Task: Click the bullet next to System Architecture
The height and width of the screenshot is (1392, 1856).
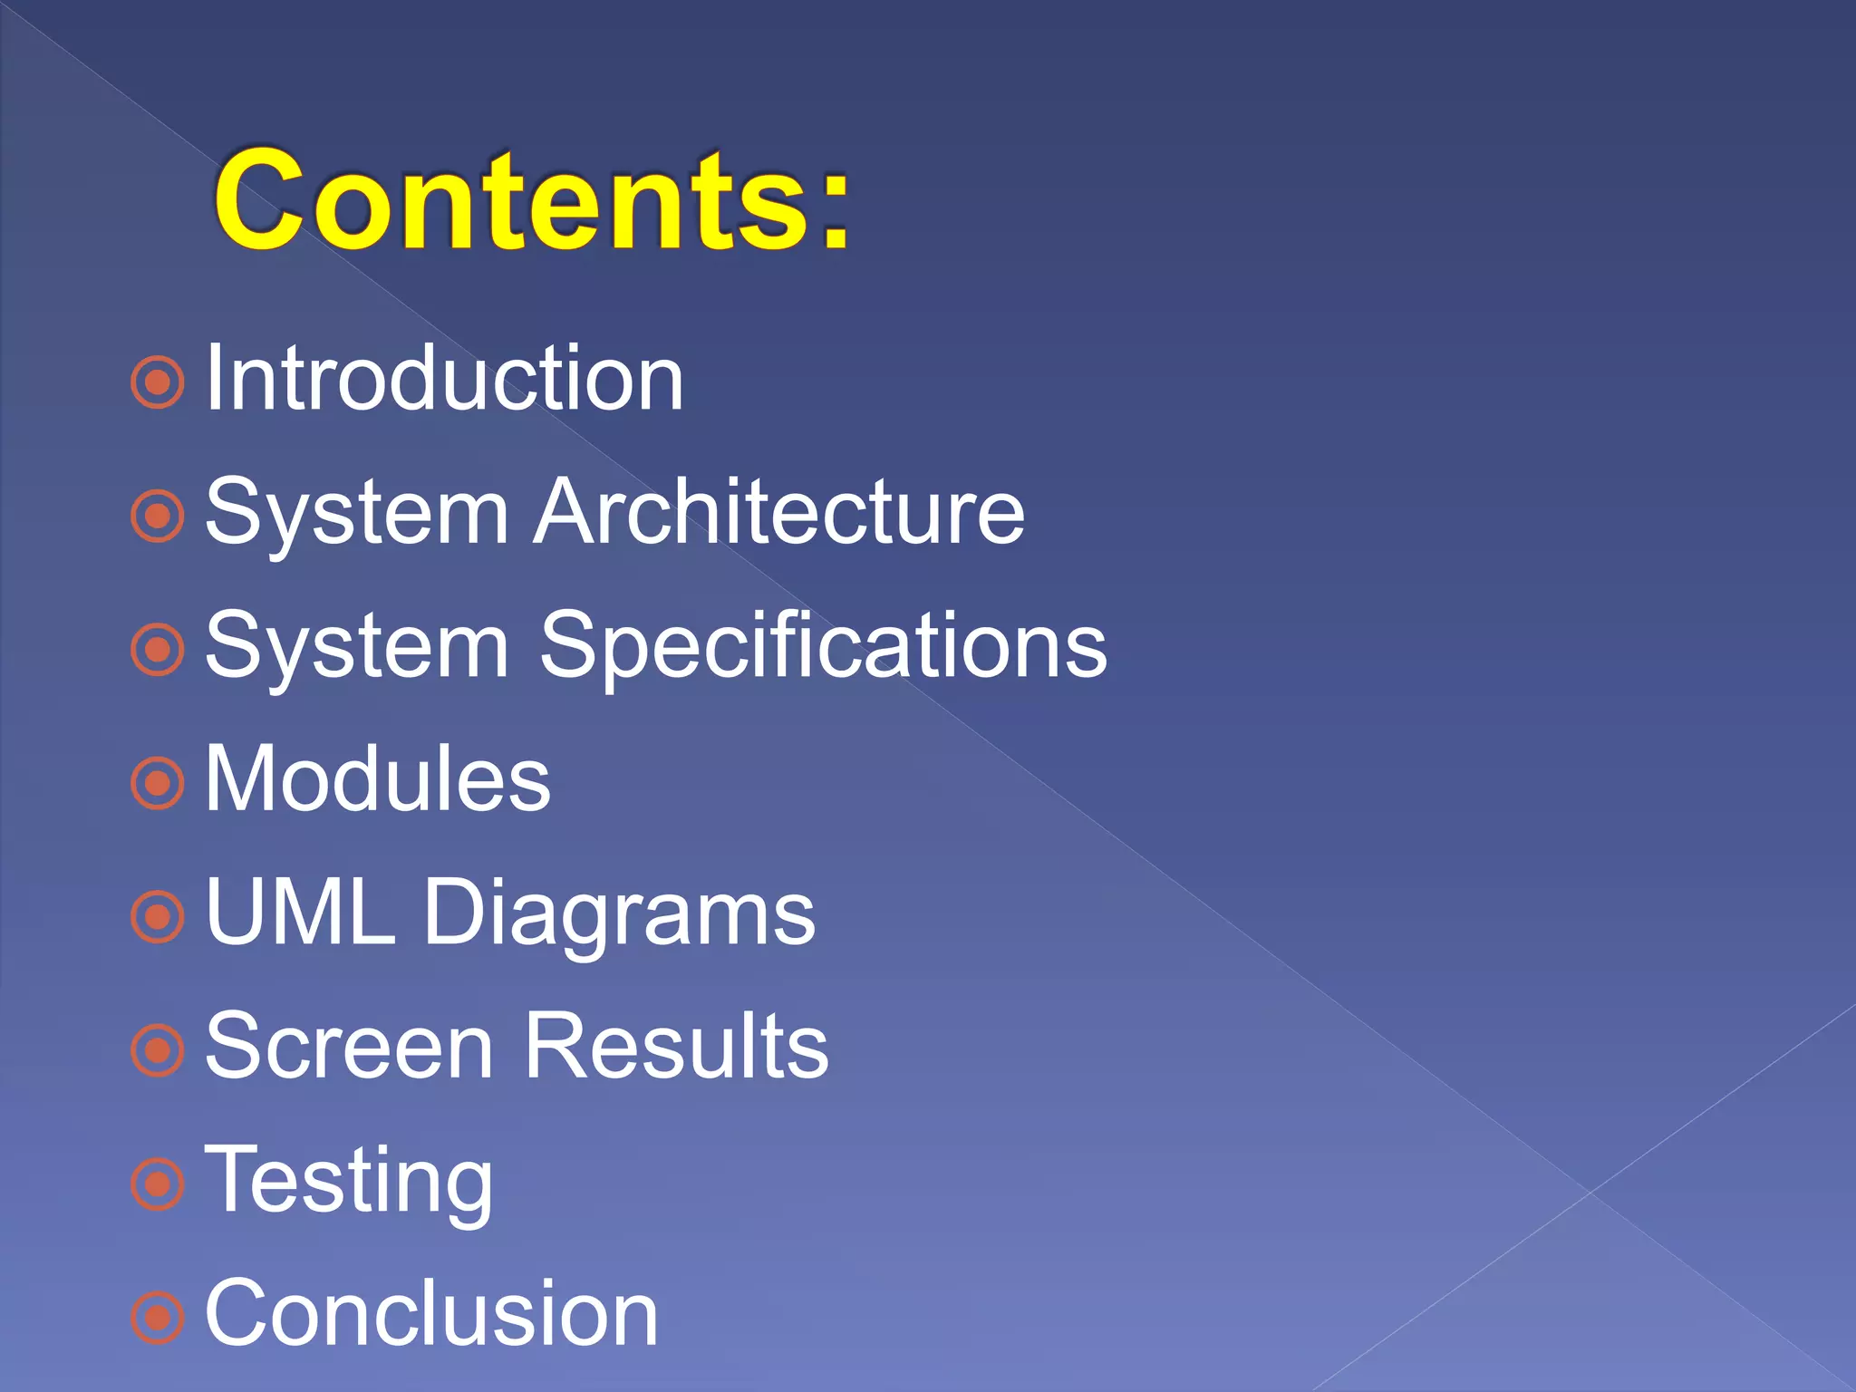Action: (x=158, y=517)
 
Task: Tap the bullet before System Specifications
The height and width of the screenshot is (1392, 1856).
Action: (x=158, y=650)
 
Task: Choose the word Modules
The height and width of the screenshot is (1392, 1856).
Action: (x=378, y=778)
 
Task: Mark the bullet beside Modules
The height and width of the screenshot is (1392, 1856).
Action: (x=158, y=783)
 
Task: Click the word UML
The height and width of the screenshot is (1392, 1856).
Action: (x=300, y=913)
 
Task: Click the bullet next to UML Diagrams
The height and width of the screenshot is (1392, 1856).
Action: (x=158, y=916)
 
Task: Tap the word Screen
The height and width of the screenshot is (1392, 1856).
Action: (x=350, y=1047)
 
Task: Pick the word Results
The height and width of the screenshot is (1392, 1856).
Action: (x=676, y=1047)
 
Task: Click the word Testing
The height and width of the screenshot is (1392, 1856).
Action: (x=349, y=1181)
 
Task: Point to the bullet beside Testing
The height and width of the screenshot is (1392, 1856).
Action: (x=158, y=1184)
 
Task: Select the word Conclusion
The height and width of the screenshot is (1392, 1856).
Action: (x=431, y=1313)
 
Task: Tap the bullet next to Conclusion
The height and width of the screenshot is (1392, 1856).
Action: (x=158, y=1317)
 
